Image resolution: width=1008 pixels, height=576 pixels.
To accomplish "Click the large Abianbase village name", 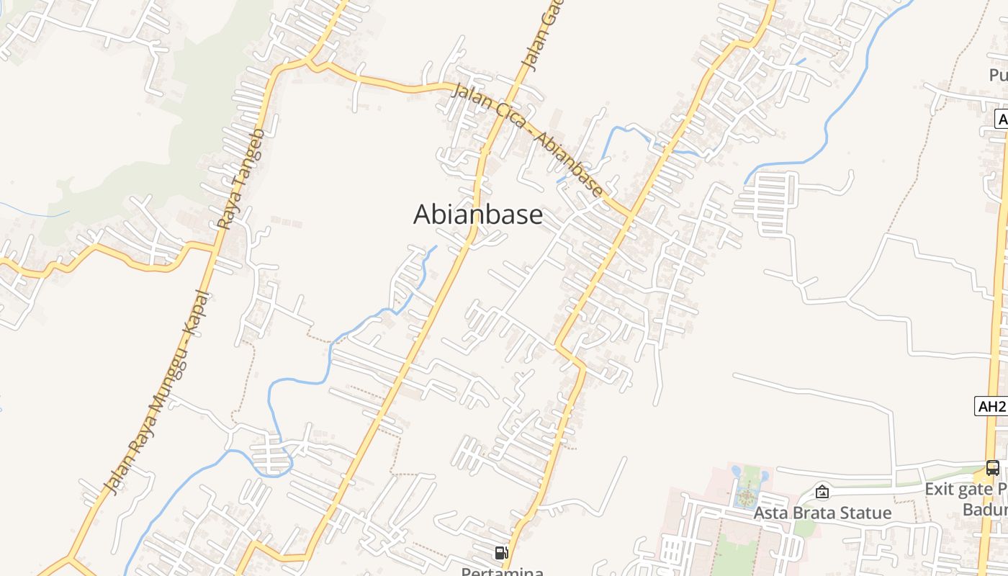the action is tap(478, 215).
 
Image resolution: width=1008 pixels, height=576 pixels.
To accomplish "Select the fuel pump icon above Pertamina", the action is tap(501, 553).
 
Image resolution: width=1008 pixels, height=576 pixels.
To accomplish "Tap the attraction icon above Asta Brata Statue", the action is tap(822, 492).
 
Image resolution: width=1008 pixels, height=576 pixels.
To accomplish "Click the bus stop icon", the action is tap(992, 468).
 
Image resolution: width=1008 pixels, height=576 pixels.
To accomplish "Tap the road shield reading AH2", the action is tap(992, 406).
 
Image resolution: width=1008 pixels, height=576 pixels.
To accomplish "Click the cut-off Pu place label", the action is tap(998, 76).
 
